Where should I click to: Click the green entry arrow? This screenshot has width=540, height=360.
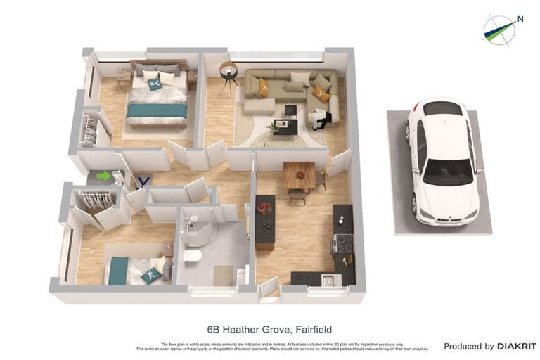[103, 176]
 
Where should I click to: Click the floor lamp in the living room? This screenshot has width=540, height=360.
[228, 72]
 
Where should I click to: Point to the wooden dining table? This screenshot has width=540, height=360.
[300, 174]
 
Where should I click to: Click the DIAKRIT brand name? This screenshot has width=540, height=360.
[517, 346]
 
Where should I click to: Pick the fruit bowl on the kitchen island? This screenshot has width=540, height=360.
[264, 208]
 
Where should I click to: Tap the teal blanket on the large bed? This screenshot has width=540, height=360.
[157, 110]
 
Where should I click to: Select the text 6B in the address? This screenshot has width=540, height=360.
[213, 329]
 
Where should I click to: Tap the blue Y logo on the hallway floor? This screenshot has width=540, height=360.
[143, 181]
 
